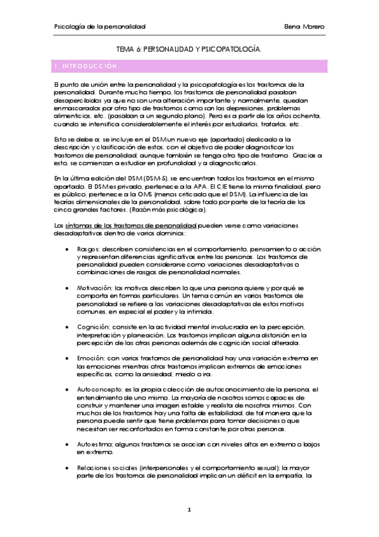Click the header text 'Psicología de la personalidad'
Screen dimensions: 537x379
pos(100,27)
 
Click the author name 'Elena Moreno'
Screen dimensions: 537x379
pos(305,27)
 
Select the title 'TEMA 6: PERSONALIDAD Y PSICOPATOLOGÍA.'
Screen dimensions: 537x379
pos(189,48)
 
